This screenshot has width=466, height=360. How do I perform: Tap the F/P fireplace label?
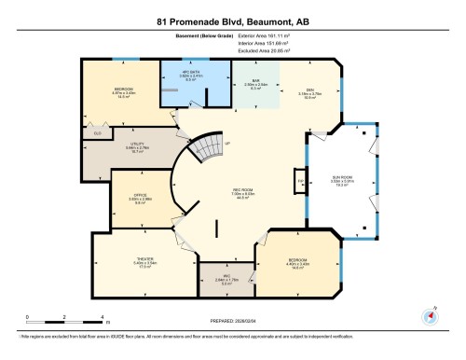coord(300,179)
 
